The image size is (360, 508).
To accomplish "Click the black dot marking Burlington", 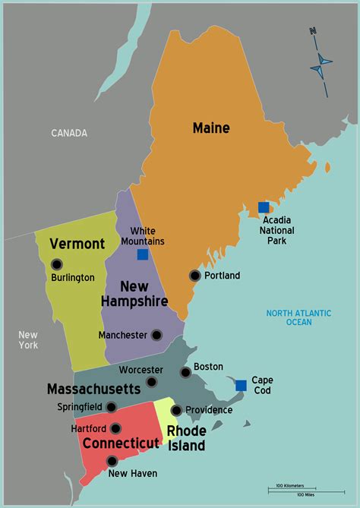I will coord(57,264).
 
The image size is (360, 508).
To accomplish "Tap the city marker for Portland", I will coord(195,276).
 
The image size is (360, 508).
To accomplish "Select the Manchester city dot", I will coord(156,335).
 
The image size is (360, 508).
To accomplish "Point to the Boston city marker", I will coord(185,372).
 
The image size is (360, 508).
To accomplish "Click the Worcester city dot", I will coord(152,382).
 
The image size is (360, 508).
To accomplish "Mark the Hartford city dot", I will coord(115,428).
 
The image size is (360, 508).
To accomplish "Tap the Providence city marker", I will coord(176,410).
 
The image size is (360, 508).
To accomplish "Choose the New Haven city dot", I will coord(112,460).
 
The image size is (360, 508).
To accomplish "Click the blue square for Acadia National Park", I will coord(264,207).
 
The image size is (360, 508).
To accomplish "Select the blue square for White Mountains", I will coord(143,254).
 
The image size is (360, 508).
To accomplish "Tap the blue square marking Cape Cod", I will coord(241,385).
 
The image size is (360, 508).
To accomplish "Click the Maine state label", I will coord(211,128).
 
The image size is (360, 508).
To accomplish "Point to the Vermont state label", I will coord(77,244).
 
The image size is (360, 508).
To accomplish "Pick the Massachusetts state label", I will coord(93,389).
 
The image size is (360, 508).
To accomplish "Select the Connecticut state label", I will coord(121,443).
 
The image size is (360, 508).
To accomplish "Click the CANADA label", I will coord(69,133).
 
